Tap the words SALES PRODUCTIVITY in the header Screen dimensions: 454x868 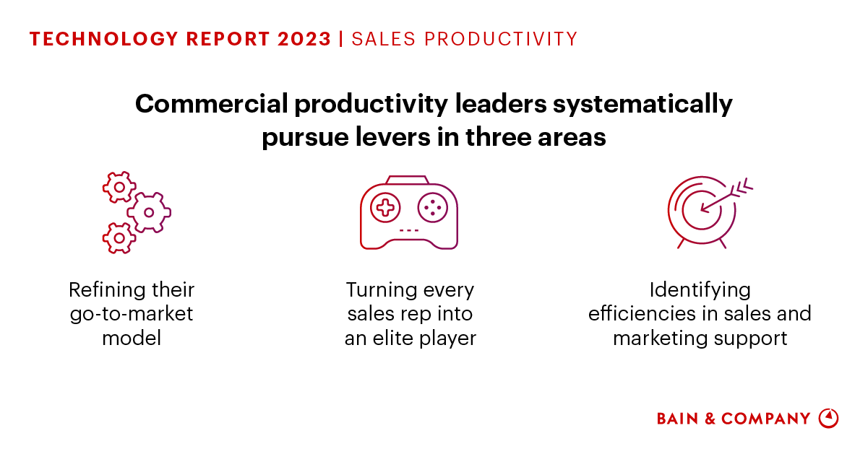pyautogui.click(x=465, y=39)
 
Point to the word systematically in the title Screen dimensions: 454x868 pyautogui.click(x=643, y=105)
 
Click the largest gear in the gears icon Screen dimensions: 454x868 pyautogui.click(x=149, y=212)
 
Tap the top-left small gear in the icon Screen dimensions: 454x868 pyautogui.click(x=119, y=187)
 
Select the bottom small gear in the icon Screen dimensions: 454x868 pyautogui.click(x=118, y=237)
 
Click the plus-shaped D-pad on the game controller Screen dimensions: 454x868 pyautogui.click(x=385, y=208)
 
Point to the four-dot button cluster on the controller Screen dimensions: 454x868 pyautogui.click(x=433, y=208)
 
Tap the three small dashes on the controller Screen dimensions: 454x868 pyautogui.click(x=409, y=230)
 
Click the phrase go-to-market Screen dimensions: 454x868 pyautogui.click(x=132, y=314)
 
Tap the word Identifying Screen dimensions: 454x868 pyautogui.click(x=700, y=290)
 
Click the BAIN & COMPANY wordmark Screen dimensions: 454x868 pyautogui.click(x=734, y=419)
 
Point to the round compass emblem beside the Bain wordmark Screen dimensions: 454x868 pyautogui.click(x=828, y=419)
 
